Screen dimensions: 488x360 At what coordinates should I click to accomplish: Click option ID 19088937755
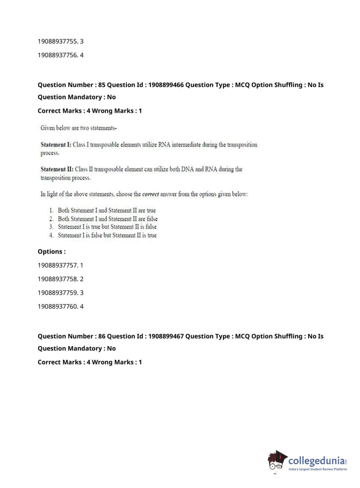click(58, 41)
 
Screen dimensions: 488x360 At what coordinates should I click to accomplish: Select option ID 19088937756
click(58, 55)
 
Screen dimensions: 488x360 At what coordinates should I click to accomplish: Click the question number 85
click(102, 85)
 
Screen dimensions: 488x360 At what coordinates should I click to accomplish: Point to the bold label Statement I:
click(56, 145)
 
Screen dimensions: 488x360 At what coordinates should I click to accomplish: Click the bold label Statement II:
click(57, 169)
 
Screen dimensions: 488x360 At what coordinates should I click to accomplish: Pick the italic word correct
click(150, 194)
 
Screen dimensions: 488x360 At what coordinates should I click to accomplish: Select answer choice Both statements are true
click(106, 211)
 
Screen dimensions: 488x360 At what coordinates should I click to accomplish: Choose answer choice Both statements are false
click(108, 219)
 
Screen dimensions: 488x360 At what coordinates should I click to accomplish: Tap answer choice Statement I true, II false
click(107, 227)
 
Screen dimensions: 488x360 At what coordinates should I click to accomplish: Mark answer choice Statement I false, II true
click(107, 235)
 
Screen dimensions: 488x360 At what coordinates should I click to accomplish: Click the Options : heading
click(51, 252)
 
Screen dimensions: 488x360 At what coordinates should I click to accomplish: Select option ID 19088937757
click(58, 265)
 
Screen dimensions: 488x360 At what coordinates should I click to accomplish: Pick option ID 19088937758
click(58, 279)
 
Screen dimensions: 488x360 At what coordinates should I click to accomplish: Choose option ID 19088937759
click(58, 293)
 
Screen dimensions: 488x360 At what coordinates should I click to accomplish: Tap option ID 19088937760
click(58, 306)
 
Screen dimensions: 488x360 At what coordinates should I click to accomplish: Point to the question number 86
click(102, 336)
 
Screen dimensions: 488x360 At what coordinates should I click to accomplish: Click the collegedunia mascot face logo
click(277, 461)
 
